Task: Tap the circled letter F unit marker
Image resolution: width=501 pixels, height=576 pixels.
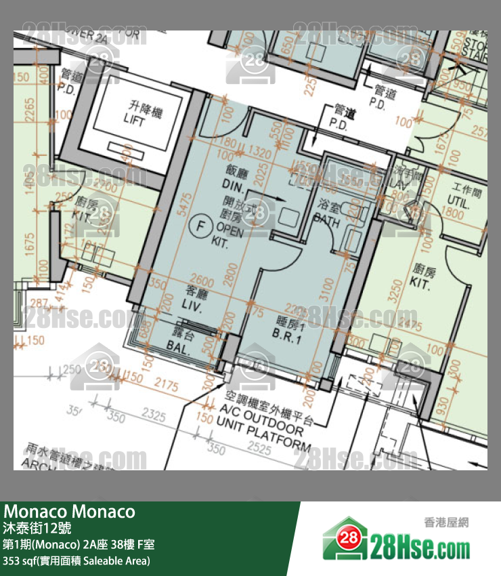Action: (199, 224)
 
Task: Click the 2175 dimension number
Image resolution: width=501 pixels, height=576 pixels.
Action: (166, 386)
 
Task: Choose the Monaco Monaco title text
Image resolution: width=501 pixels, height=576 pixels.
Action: (70, 512)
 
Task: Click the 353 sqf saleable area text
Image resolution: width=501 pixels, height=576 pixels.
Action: (76, 560)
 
